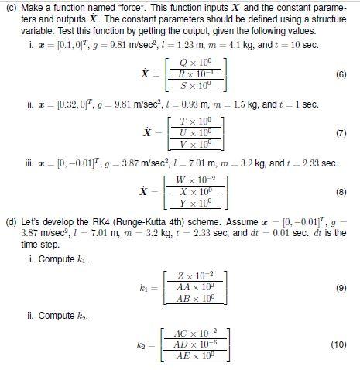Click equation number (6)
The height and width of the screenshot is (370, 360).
pos(341,74)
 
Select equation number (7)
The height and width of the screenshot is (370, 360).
pos(341,132)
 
